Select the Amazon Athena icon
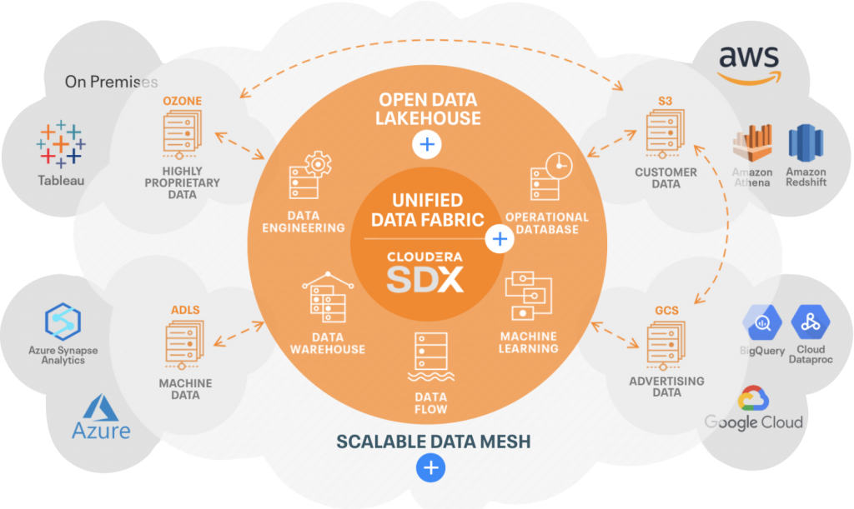pos(751,145)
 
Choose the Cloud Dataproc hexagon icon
pos(809,320)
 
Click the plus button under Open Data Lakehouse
pos(427,145)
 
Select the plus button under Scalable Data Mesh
pos(430,467)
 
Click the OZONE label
pos(183,102)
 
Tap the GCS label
pos(666,311)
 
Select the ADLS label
pos(185,311)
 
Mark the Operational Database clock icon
pos(558,165)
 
